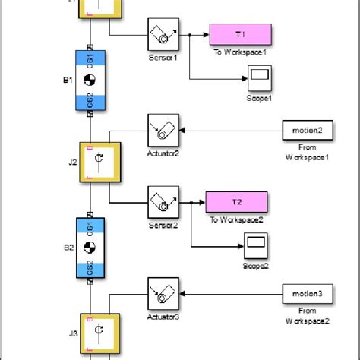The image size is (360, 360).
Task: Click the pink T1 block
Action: click(x=241, y=34)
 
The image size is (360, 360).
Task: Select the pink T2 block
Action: click(x=235, y=202)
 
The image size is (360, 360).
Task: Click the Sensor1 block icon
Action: click(x=162, y=35)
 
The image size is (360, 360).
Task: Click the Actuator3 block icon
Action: click(x=162, y=293)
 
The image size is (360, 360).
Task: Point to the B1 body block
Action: click(x=90, y=81)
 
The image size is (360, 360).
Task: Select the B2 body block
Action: click(x=90, y=248)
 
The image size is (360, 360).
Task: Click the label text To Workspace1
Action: click(x=241, y=55)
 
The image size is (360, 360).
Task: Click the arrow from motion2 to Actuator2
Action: click(x=228, y=130)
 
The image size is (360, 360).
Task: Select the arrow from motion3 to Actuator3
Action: click(x=228, y=293)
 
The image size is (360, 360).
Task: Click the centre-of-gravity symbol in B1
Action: click(x=90, y=81)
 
